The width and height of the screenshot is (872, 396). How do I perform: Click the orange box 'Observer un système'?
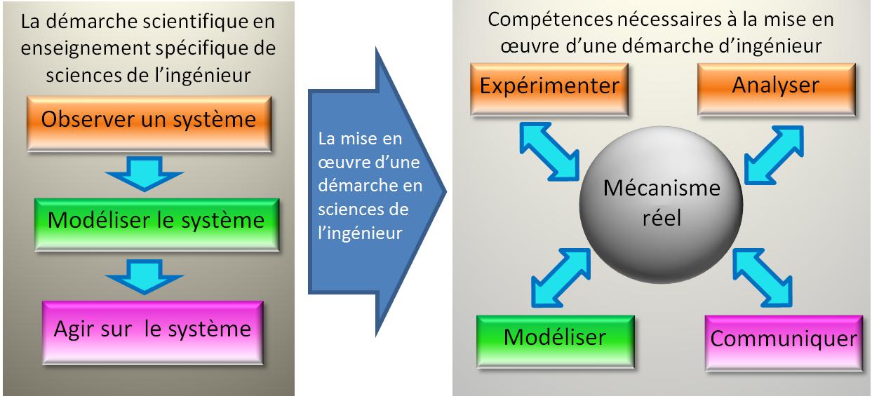(x=148, y=119)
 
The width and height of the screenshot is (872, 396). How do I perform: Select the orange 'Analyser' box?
(x=775, y=88)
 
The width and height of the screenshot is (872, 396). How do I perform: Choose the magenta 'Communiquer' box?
(x=784, y=339)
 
